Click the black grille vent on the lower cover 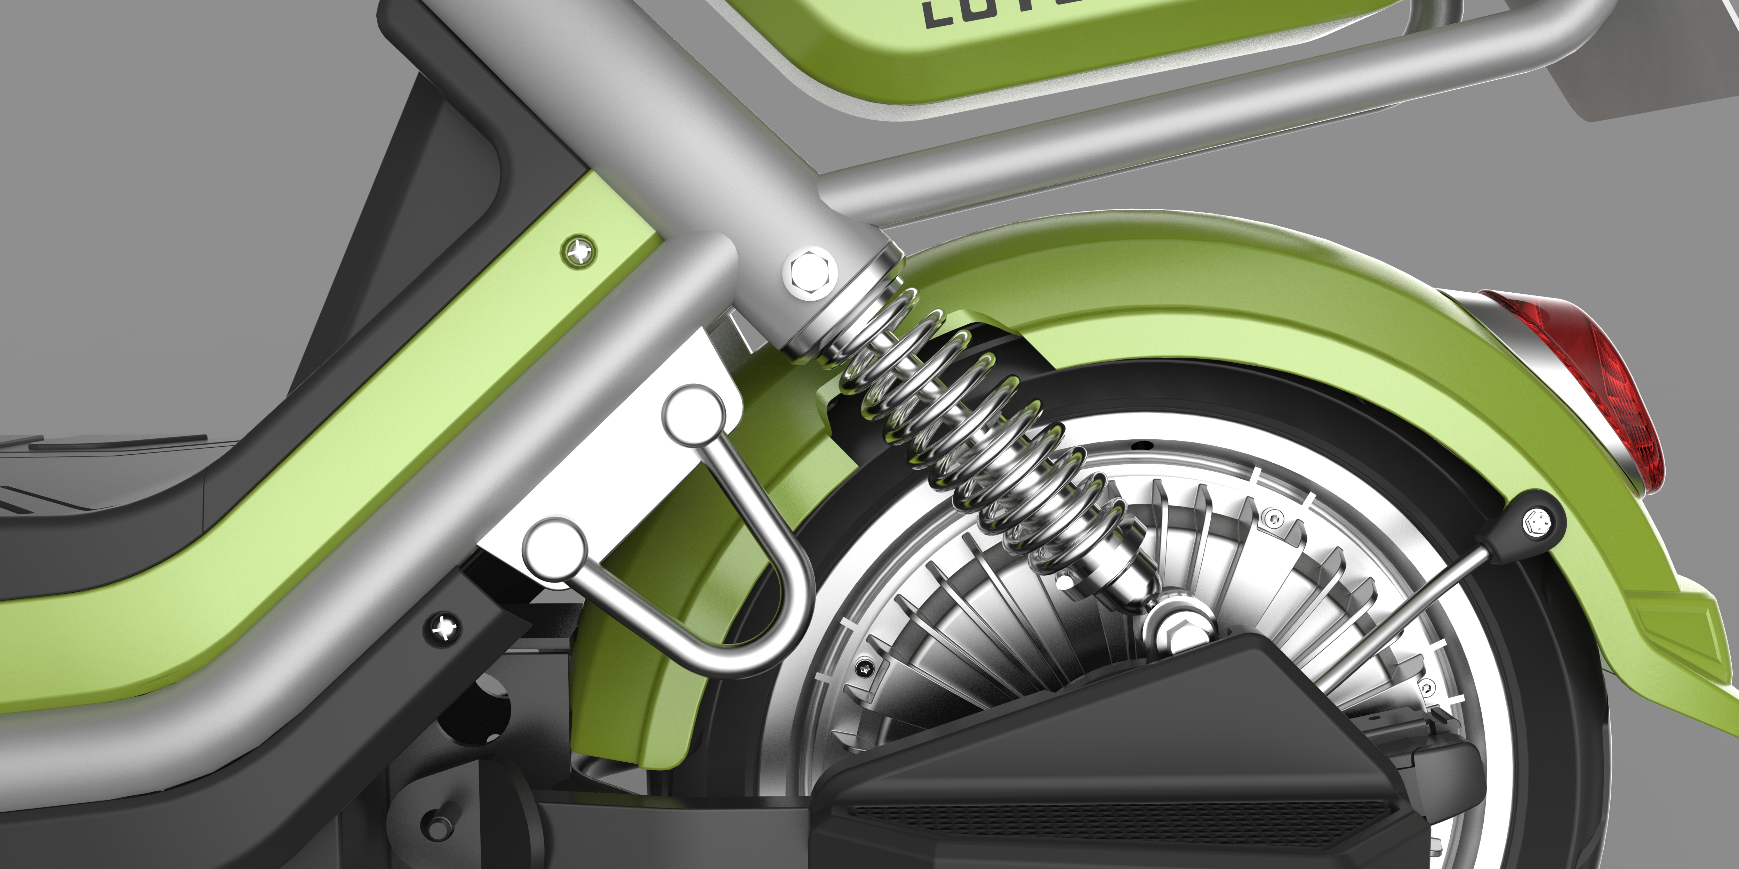[1114, 820]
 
